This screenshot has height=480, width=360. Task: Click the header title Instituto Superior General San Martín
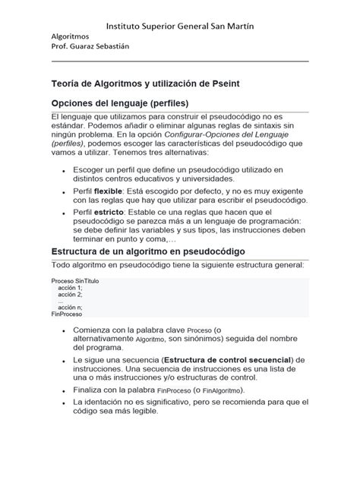pos(179,27)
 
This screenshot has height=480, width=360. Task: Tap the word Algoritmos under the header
pos(71,36)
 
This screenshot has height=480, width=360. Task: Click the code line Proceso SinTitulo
pos(76,282)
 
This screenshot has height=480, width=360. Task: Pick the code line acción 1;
pos(70,289)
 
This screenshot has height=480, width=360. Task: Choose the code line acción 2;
pos(70,295)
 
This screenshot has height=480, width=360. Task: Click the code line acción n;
pos(70,307)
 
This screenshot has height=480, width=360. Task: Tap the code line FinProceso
pos(67,313)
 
